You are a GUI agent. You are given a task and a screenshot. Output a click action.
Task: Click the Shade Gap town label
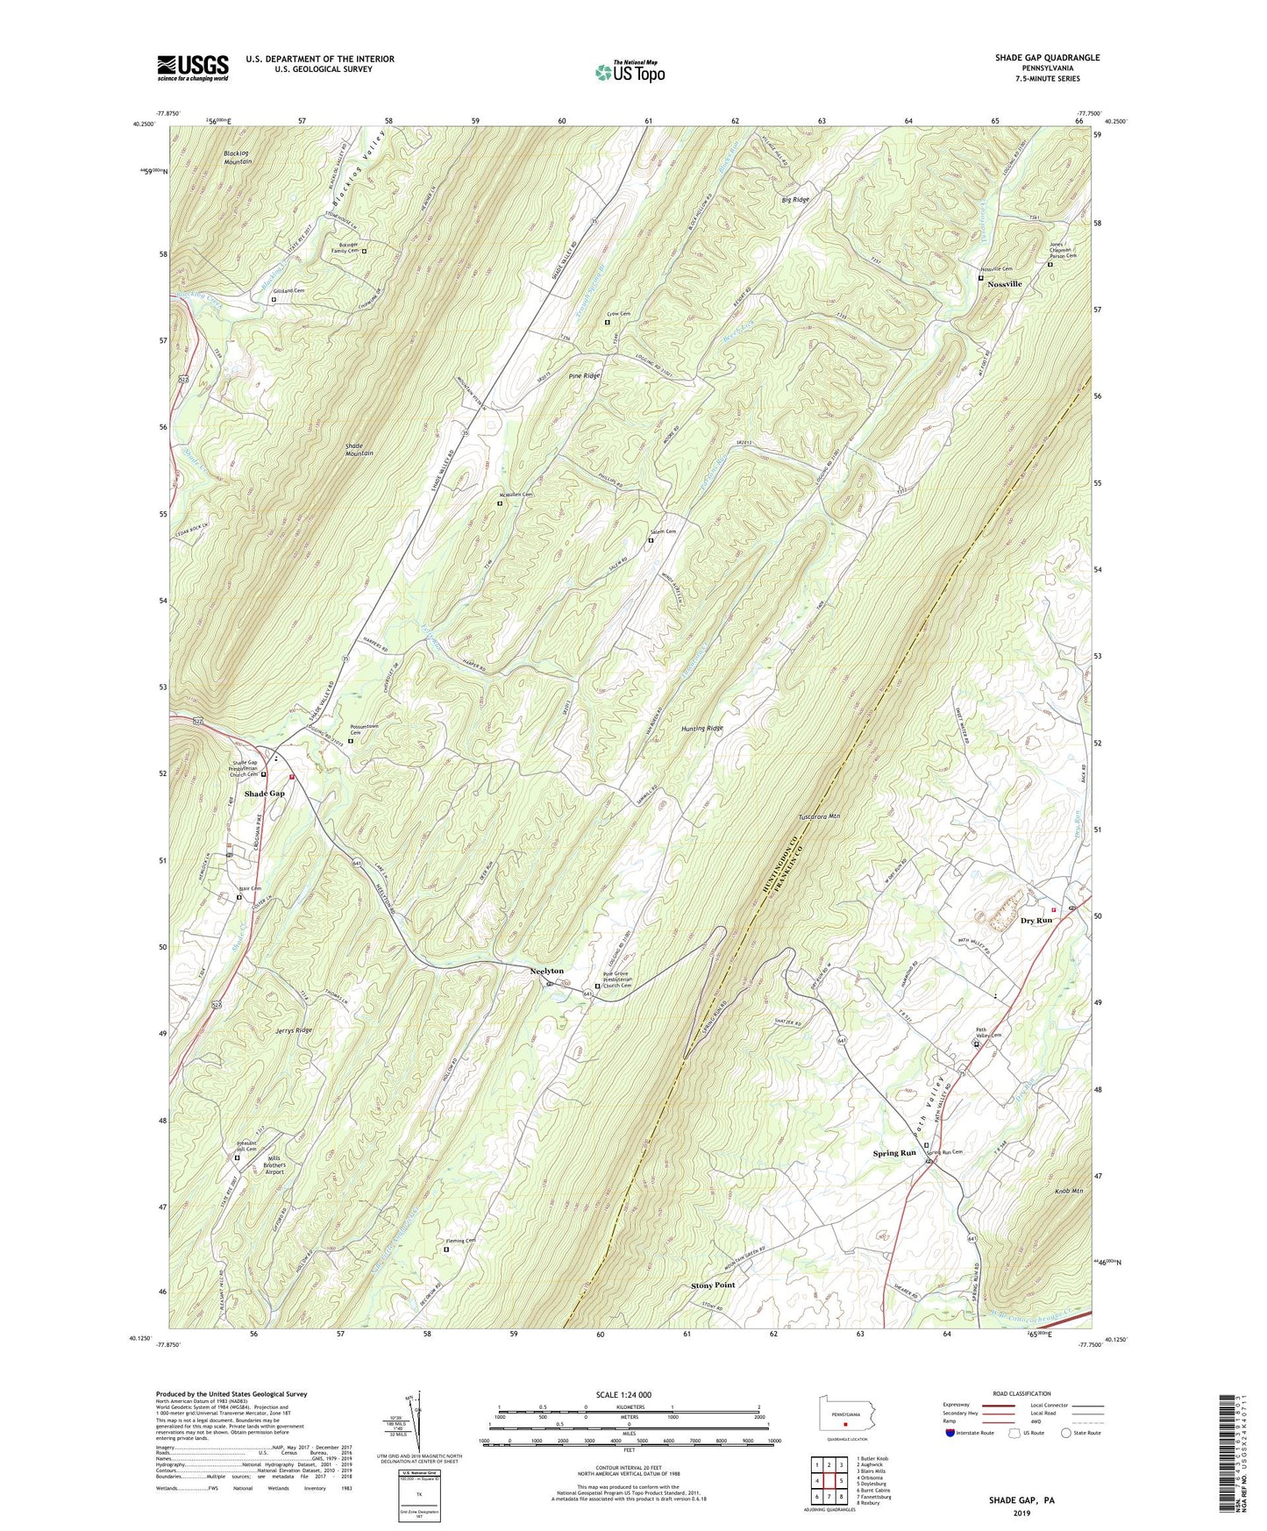(x=264, y=794)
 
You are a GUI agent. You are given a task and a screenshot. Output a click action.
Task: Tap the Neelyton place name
(x=547, y=971)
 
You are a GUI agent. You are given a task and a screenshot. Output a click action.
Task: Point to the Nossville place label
(x=1005, y=284)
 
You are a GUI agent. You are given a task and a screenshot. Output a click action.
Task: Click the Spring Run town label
(x=894, y=1153)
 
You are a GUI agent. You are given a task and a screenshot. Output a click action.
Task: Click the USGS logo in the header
(x=193, y=67)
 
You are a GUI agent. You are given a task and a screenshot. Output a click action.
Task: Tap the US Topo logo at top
(x=629, y=72)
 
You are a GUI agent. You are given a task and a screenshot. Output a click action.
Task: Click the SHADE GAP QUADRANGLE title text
(x=1047, y=58)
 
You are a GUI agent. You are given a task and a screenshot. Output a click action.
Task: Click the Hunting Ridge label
(x=702, y=729)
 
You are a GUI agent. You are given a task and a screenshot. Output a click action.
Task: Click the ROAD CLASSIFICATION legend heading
(x=1021, y=1393)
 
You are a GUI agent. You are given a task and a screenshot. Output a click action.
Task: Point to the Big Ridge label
(x=795, y=200)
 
